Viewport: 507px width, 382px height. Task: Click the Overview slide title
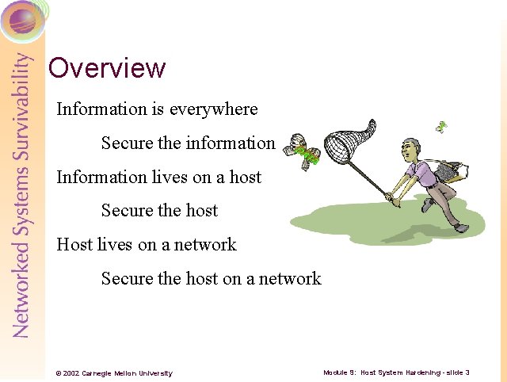tap(107, 68)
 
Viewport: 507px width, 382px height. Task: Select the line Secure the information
tap(188, 143)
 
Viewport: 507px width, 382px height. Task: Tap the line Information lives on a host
tap(158, 177)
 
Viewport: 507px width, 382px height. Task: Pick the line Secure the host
tap(159, 211)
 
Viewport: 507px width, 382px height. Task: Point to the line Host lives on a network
tap(147, 244)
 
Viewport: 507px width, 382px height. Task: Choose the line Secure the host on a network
tap(211, 278)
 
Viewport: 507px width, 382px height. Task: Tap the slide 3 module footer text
tap(396, 372)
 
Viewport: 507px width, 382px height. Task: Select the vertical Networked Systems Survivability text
tap(22, 194)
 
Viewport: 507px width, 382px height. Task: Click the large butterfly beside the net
tap(303, 150)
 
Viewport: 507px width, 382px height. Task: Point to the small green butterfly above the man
tap(441, 126)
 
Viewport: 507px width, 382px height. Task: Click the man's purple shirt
tap(420, 174)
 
